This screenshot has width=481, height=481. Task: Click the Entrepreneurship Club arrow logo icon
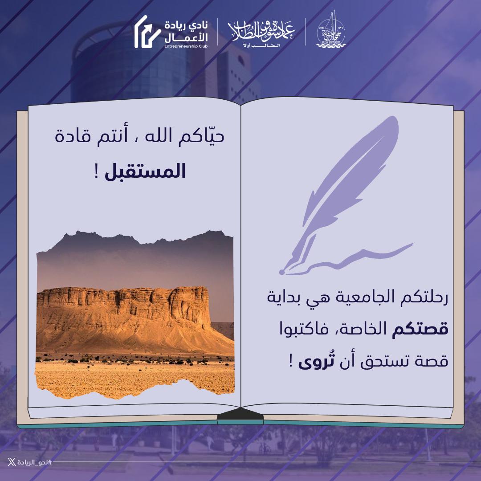click(x=147, y=32)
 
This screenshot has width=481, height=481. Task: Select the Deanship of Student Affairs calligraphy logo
click(x=261, y=31)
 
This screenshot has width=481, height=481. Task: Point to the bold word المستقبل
click(x=145, y=172)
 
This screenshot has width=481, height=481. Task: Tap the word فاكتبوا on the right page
click(x=312, y=330)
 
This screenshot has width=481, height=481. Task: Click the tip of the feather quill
click(x=282, y=271)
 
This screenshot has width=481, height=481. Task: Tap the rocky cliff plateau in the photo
click(x=125, y=307)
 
